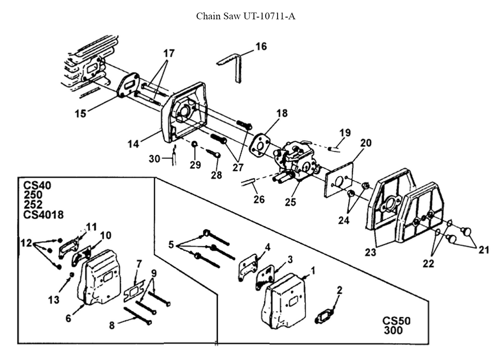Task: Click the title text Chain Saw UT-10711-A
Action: [245, 16]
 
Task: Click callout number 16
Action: [261, 47]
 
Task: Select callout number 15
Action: [80, 114]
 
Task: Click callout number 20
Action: [366, 143]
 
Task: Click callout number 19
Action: [345, 133]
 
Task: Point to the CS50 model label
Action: [397, 320]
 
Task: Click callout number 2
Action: [340, 290]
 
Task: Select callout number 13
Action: [54, 300]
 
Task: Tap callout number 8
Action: [112, 325]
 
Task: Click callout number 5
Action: [171, 245]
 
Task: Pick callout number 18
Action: [282, 113]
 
